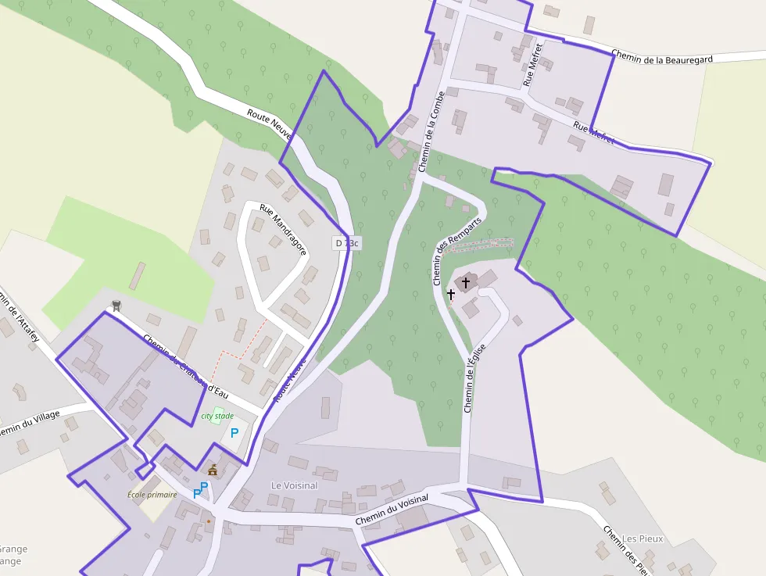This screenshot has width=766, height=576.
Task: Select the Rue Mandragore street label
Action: tap(283, 226)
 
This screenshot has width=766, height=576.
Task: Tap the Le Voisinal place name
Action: tap(294, 485)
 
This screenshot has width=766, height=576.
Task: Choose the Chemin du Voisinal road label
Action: tap(392, 510)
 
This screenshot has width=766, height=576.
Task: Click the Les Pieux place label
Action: tap(643, 538)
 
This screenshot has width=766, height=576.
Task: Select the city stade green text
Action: tap(217, 416)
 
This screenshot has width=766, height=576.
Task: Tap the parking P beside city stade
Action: tap(234, 432)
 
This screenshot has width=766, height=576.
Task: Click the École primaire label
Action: tap(152, 495)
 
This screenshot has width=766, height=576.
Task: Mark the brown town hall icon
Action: tap(213, 470)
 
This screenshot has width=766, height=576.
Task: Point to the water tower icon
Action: tap(116, 306)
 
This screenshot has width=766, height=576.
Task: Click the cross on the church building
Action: tap(466, 282)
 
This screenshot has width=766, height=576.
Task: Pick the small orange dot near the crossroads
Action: tap(209, 520)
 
